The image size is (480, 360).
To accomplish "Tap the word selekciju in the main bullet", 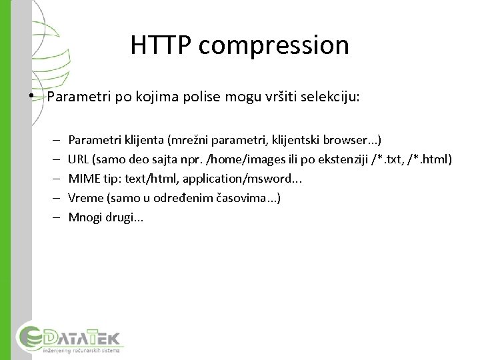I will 333,97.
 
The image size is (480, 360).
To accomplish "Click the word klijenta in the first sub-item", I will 143,141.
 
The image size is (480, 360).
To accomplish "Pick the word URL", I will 79,160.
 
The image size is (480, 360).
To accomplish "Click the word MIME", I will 83,179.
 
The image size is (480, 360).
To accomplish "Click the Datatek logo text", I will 79,335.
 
